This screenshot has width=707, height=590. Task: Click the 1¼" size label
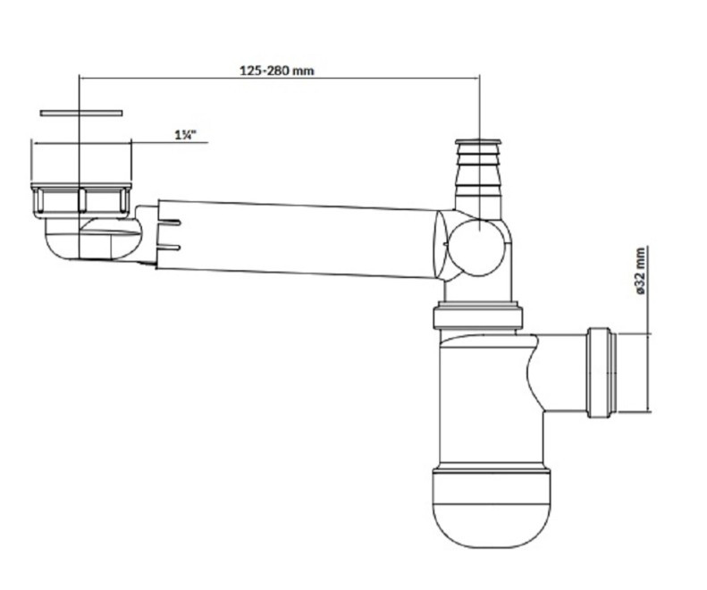tap(185, 135)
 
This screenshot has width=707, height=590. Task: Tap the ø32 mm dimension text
tap(641, 272)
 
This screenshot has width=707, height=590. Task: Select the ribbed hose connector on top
tap(479, 179)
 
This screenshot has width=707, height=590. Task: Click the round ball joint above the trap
tap(476, 247)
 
